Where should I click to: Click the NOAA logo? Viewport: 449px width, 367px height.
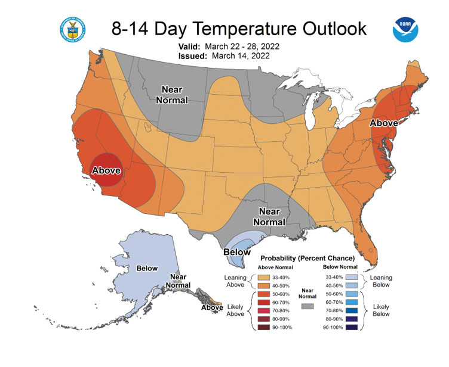405,29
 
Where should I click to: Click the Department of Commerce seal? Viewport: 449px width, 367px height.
73,29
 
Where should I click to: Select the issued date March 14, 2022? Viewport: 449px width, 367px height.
241,55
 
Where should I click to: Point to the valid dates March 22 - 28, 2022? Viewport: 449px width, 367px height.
242,46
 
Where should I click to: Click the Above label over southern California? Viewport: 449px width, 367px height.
106,170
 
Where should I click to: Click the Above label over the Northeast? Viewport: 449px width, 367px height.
384,123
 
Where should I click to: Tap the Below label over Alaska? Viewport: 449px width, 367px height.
147,268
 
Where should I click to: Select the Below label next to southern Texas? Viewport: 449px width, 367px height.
237,252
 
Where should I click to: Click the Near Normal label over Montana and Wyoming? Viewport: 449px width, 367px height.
172,95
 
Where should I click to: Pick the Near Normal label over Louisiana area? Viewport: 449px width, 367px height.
269,217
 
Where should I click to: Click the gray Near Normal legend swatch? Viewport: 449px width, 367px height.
307,306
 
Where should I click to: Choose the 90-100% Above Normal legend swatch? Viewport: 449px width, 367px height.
264,327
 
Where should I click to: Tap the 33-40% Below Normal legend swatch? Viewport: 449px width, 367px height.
352,277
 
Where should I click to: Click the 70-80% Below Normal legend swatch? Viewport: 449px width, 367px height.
352,310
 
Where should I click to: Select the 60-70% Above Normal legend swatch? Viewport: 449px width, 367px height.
264,303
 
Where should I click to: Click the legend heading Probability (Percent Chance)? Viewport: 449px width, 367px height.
307,259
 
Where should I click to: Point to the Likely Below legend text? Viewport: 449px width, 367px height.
381,310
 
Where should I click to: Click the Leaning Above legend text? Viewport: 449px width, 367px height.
235,281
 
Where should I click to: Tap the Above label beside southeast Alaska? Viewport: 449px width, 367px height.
212,307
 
